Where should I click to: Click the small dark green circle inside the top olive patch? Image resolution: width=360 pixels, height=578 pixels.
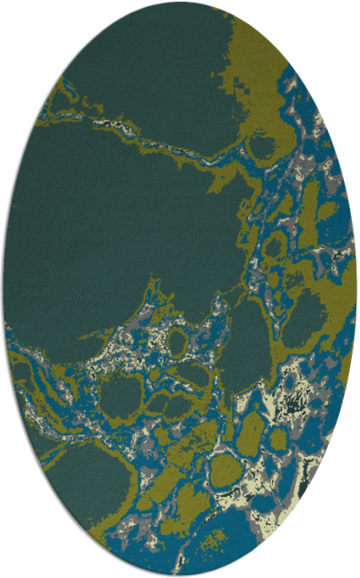(x=263, y=143)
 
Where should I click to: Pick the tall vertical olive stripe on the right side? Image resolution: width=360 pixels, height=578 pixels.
(x=311, y=205)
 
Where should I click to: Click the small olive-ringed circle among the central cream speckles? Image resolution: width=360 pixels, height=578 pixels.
(x=177, y=341)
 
